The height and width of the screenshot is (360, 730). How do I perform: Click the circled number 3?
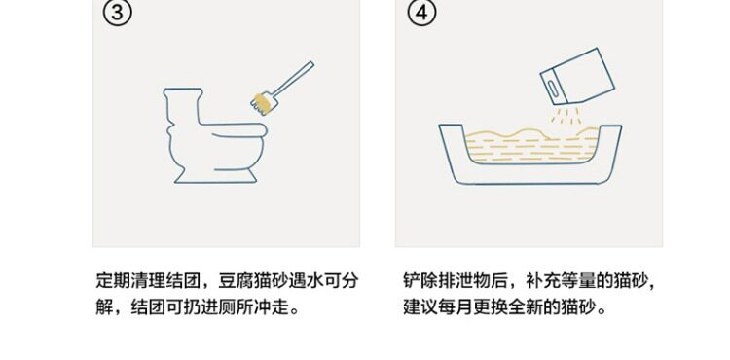coord(117,13)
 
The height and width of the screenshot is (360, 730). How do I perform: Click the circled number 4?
coord(421,13)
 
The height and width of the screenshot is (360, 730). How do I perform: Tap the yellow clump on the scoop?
coord(263,103)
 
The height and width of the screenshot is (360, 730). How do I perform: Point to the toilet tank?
coord(183,106)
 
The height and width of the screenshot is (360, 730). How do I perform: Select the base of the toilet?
coord(215,176)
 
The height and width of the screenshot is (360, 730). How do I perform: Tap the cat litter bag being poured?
coord(577,76)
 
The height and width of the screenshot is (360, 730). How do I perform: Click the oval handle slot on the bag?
coord(553,89)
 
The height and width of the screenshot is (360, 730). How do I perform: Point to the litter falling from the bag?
coord(566,116)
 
